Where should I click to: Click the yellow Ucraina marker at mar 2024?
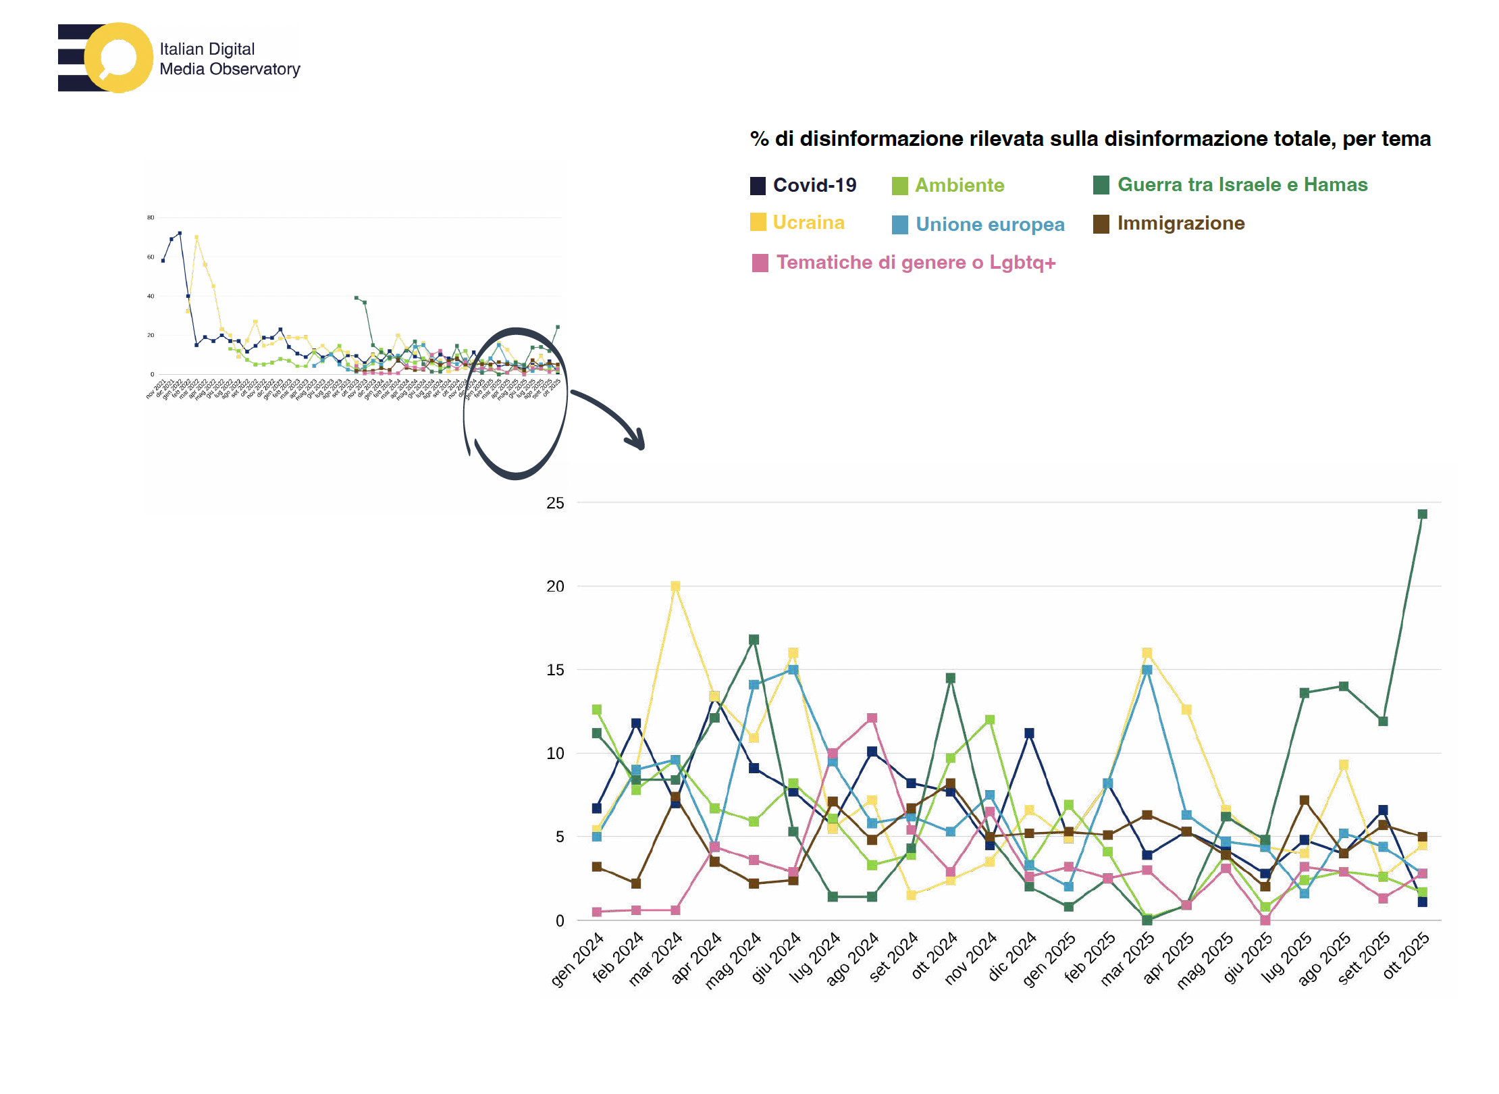click(675, 586)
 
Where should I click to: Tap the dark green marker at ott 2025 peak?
click(1422, 515)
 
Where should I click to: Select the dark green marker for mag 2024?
click(754, 640)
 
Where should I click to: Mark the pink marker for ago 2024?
click(872, 719)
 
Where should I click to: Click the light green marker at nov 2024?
click(990, 720)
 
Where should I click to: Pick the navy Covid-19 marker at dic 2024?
click(1029, 733)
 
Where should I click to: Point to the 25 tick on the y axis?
click(555, 503)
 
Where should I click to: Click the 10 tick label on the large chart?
click(555, 754)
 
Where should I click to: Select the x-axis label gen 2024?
click(578, 960)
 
